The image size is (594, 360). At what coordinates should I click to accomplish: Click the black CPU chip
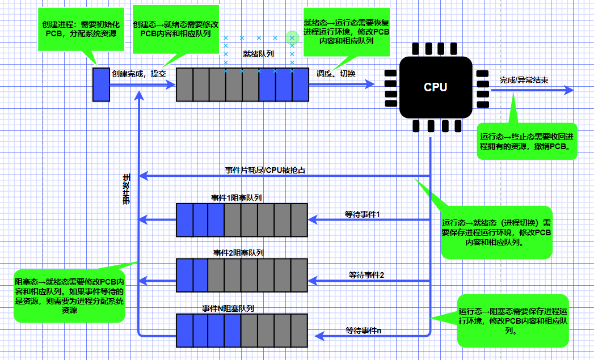coord(435,87)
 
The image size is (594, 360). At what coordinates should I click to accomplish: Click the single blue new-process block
coord(101,84)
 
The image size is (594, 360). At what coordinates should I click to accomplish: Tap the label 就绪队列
coord(258,54)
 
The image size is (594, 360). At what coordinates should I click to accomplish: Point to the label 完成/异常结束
coord(524,81)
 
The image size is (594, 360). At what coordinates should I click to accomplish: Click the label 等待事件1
coord(362,214)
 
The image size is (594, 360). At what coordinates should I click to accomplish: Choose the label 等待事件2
coord(366,275)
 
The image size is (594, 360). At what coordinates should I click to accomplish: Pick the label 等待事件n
coord(364,331)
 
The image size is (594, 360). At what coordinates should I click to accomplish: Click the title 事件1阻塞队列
coord(237,198)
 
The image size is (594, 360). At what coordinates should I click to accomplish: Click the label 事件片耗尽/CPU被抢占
coord(266,170)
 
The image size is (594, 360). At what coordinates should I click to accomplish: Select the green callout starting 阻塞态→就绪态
coord(69,295)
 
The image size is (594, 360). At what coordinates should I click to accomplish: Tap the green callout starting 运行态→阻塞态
coord(512,320)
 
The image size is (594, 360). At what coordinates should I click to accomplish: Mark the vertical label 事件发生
coord(127,188)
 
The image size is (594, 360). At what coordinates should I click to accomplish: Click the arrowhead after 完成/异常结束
coord(569,90)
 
